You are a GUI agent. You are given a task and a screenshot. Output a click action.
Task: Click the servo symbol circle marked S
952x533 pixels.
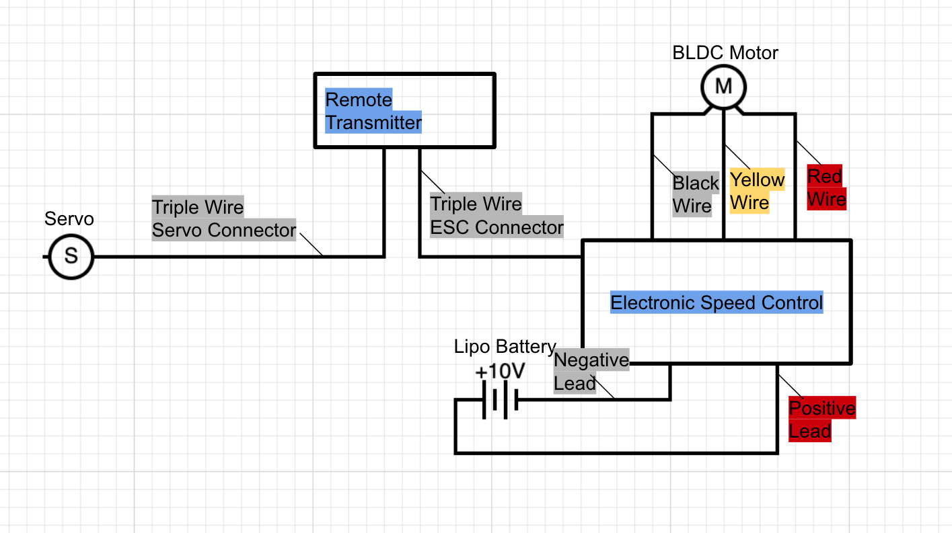71,256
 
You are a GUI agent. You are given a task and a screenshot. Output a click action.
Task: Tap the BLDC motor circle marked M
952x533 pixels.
723,87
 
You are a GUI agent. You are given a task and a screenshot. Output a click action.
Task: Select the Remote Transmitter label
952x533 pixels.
373,112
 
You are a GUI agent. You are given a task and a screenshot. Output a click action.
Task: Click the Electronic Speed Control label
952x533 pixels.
717,302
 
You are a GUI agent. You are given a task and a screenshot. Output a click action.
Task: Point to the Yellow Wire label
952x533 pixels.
758,191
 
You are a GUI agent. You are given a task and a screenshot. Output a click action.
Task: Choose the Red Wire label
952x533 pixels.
826,188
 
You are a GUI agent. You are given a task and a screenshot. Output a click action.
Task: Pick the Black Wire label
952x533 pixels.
696,194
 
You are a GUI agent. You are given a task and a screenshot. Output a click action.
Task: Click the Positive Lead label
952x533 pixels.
821,419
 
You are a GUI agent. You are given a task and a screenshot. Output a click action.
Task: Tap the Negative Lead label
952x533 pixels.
591,372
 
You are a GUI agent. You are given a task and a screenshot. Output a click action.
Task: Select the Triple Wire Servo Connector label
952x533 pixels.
224,218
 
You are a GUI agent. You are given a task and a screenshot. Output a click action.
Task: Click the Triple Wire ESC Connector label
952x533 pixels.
497,216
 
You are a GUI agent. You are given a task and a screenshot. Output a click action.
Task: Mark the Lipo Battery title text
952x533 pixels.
505,347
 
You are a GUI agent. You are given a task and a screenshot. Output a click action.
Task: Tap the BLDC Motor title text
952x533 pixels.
725,53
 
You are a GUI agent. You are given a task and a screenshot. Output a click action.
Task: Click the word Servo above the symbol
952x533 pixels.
69,219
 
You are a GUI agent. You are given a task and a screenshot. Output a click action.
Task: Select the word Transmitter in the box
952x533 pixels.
373,123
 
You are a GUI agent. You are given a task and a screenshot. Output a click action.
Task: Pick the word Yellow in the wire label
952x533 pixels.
758,180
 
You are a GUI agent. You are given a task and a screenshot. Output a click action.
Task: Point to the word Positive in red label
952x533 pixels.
821,408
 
